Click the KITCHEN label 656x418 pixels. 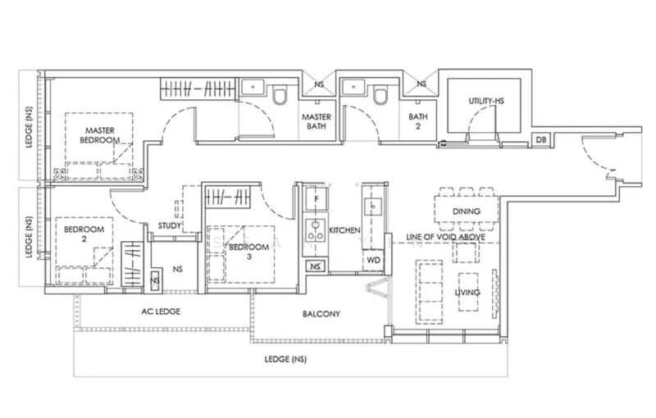[x=344, y=232]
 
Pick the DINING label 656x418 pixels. [x=466, y=211]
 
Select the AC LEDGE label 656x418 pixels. [x=162, y=311]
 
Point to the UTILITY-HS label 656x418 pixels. [x=485, y=101]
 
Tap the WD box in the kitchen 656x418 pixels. [x=372, y=261]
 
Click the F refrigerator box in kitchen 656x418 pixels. [x=314, y=200]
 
